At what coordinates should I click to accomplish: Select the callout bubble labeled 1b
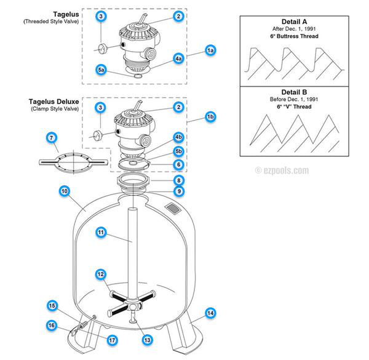[x=210, y=116]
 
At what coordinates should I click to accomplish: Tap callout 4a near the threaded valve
[x=178, y=58]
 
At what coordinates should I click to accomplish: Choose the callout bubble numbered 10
[x=63, y=191]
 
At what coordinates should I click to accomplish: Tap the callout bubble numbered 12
[x=101, y=273]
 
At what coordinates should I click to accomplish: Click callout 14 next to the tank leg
[x=210, y=313]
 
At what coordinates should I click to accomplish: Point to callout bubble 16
[x=52, y=326]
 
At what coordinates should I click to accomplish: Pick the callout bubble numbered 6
[x=178, y=164]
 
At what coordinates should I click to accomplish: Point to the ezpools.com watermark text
[x=282, y=170]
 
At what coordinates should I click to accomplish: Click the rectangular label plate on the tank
[x=175, y=210]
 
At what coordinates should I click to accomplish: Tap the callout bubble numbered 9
[x=178, y=191]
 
